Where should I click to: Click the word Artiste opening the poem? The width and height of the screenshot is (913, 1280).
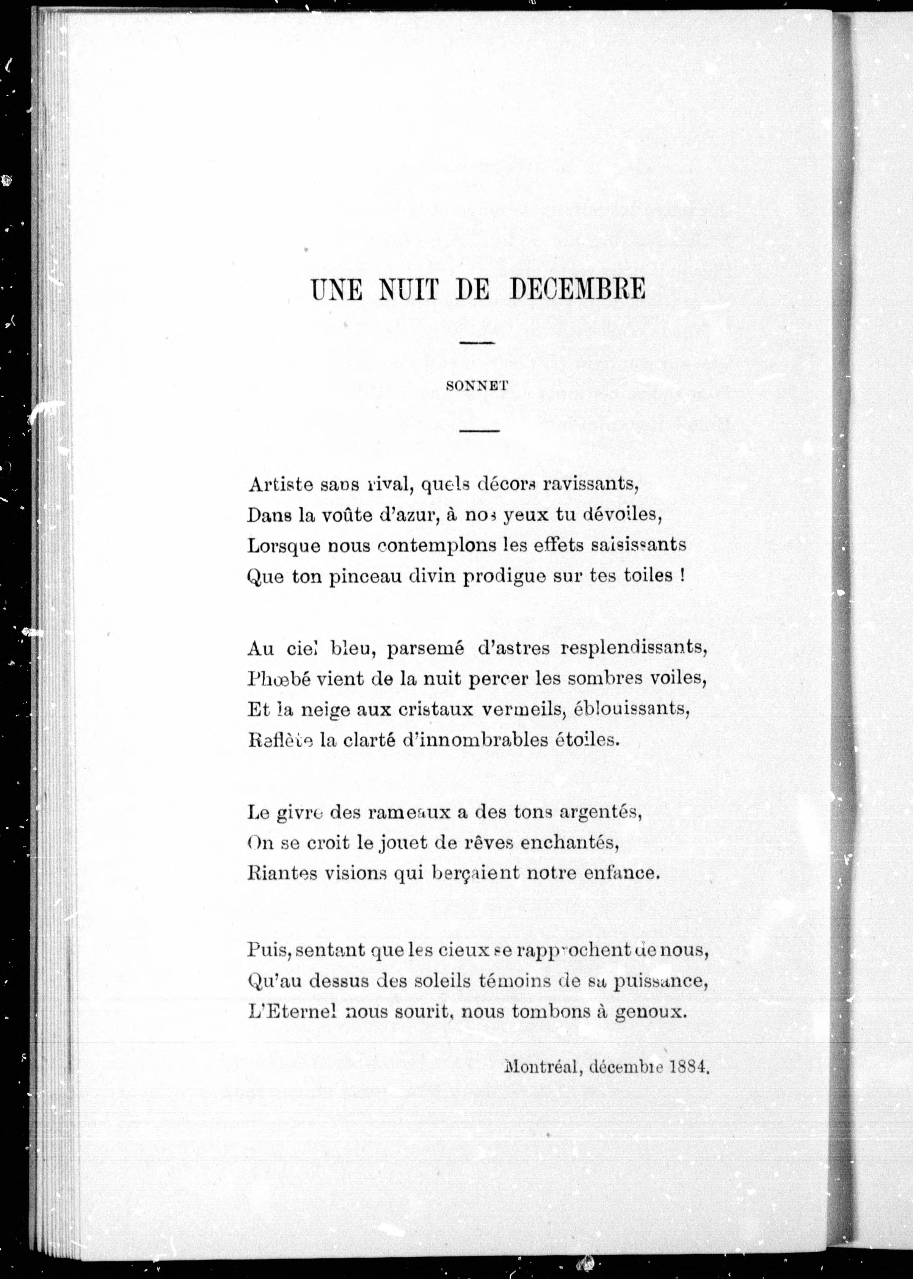tap(279, 484)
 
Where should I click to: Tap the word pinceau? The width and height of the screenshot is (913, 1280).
tap(363, 577)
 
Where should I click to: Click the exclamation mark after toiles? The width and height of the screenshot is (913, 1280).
tap(682, 576)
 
